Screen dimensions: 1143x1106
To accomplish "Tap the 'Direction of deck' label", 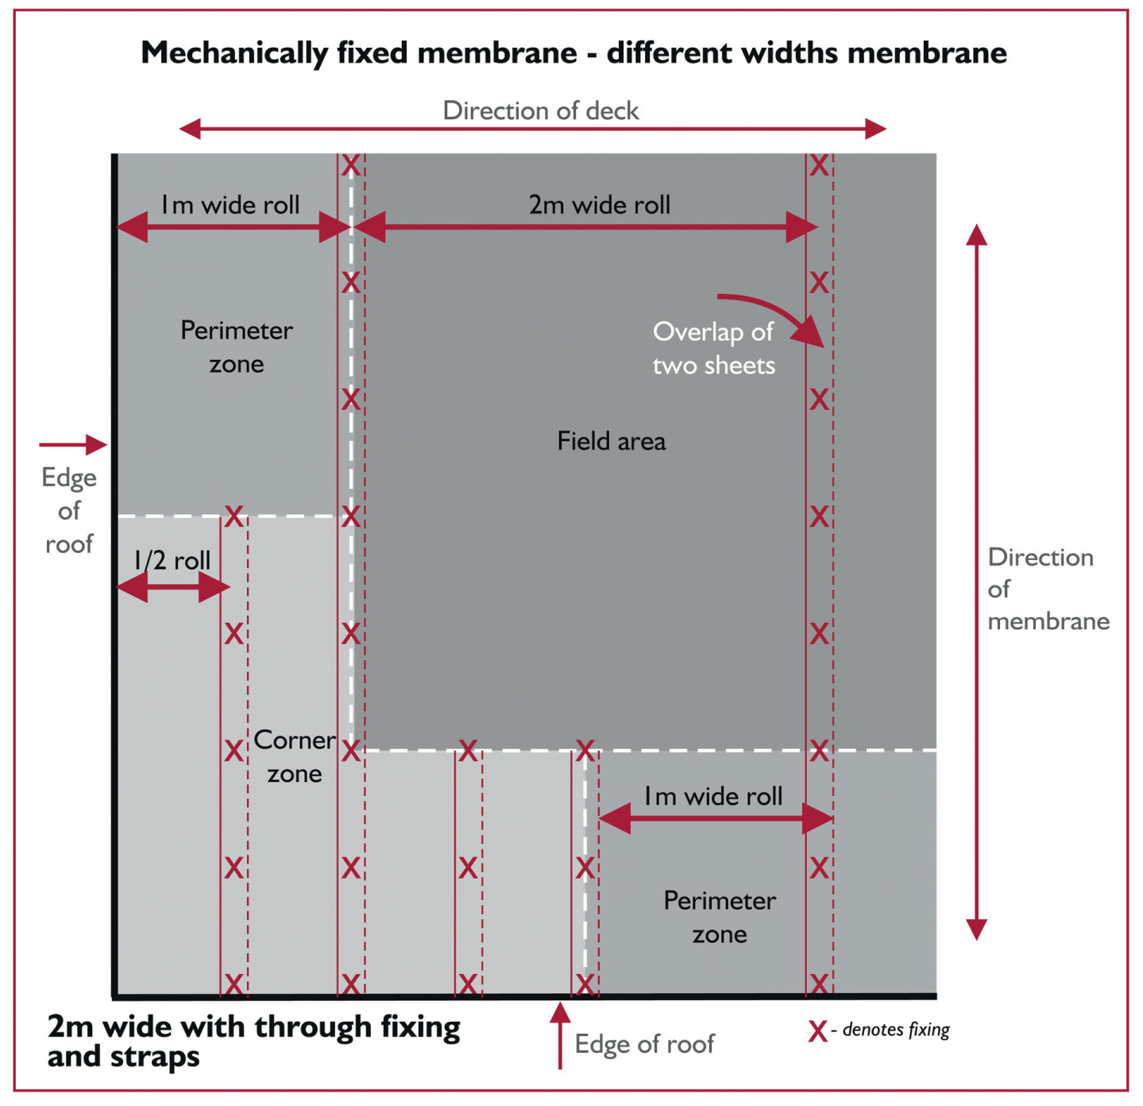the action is [540, 110].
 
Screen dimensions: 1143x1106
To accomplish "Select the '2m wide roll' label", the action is [599, 204].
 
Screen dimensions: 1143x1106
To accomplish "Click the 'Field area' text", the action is [612, 441].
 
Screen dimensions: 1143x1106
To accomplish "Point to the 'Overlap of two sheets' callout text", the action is [713, 349].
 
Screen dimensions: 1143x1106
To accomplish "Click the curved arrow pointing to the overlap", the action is [781, 311].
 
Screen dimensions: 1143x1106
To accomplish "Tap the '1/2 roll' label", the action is [172, 561].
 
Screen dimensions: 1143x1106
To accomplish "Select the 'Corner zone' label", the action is [294, 757].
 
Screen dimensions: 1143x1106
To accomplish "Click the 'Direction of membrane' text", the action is [1048, 589].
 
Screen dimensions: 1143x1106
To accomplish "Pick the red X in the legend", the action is [817, 1031].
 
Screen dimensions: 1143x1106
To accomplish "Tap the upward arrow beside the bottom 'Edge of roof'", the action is [560, 1035].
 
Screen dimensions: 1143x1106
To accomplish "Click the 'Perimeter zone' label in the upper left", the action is [236, 347].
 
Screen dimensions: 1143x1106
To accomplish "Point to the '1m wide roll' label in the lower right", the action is [713, 796].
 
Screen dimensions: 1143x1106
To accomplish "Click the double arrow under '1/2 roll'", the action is [173, 586].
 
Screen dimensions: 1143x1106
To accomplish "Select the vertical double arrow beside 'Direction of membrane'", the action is [976, 582].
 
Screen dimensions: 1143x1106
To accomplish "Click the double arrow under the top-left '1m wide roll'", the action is [234, 227].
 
